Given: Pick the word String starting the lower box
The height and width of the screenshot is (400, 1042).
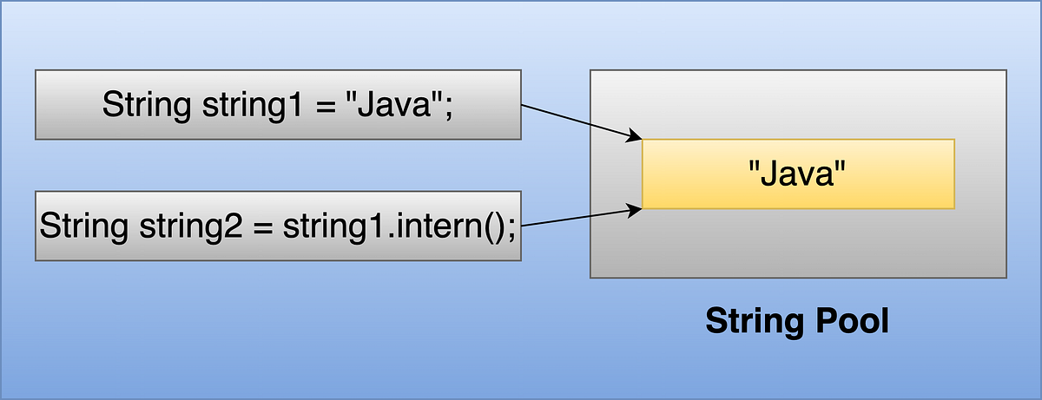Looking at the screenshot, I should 83,227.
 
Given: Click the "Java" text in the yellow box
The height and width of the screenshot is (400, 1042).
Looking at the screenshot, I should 797,174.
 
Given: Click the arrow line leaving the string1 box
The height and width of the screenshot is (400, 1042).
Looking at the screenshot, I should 573,121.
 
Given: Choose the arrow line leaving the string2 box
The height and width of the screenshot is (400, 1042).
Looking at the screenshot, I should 573,218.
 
